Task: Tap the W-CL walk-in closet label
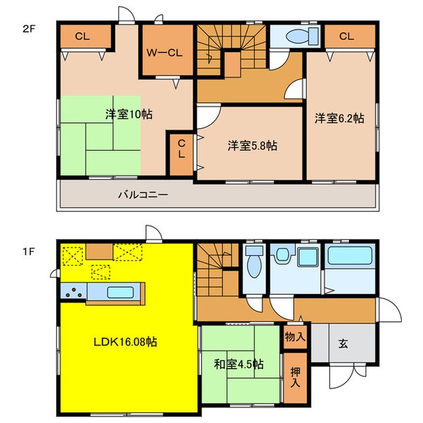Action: [x=165, y=51]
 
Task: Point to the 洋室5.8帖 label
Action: [x=252, y=146]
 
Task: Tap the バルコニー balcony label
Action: [x=142, y=195]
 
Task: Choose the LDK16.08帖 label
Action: [x=126, y=341]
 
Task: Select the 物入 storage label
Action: [x=295, y=336]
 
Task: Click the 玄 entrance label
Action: [x=343, y=344]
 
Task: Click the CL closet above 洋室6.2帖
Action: [x=347, y=36]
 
